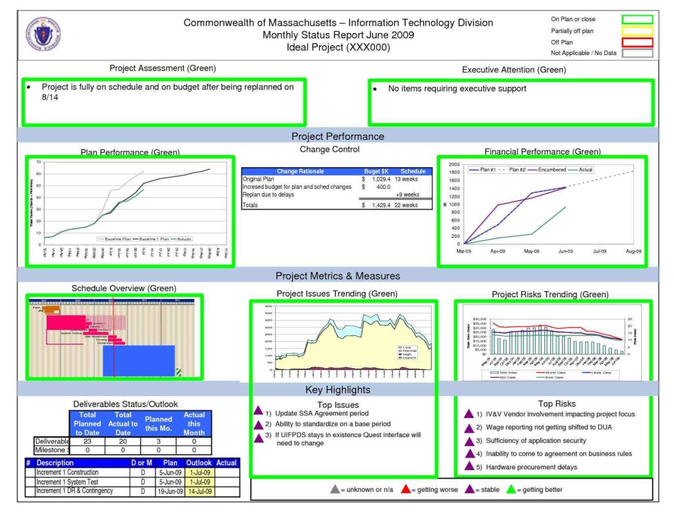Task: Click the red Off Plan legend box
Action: pyautogui.click(x=636, y=42)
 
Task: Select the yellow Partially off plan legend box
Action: pyautogui.click(x=636, y=31)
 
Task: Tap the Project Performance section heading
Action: pyautogui.click(x=338, y=136)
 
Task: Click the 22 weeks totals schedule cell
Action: pyautogui.click(x=407, y=205)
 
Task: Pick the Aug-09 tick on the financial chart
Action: pyautogui.click(x=633, y=251)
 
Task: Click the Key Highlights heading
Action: pyautogui.click(x=338, y=390)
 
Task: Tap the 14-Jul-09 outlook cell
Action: pyautogui.click(x=199, y=491)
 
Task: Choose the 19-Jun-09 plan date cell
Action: pyautogui.click(x=168, y=491)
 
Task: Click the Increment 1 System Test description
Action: pyautogui.click(x=68, y=482)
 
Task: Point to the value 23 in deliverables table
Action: pyautogui.click(x=88, y=441)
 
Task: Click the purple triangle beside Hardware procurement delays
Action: pyautogui.click(x=469, y=467)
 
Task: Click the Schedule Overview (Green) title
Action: pyautogui.click(x=124, y=288)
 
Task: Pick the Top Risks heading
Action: pyautogui.click(x=556, y=404)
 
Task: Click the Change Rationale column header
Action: pyautogui.click(x=300, y=171)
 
